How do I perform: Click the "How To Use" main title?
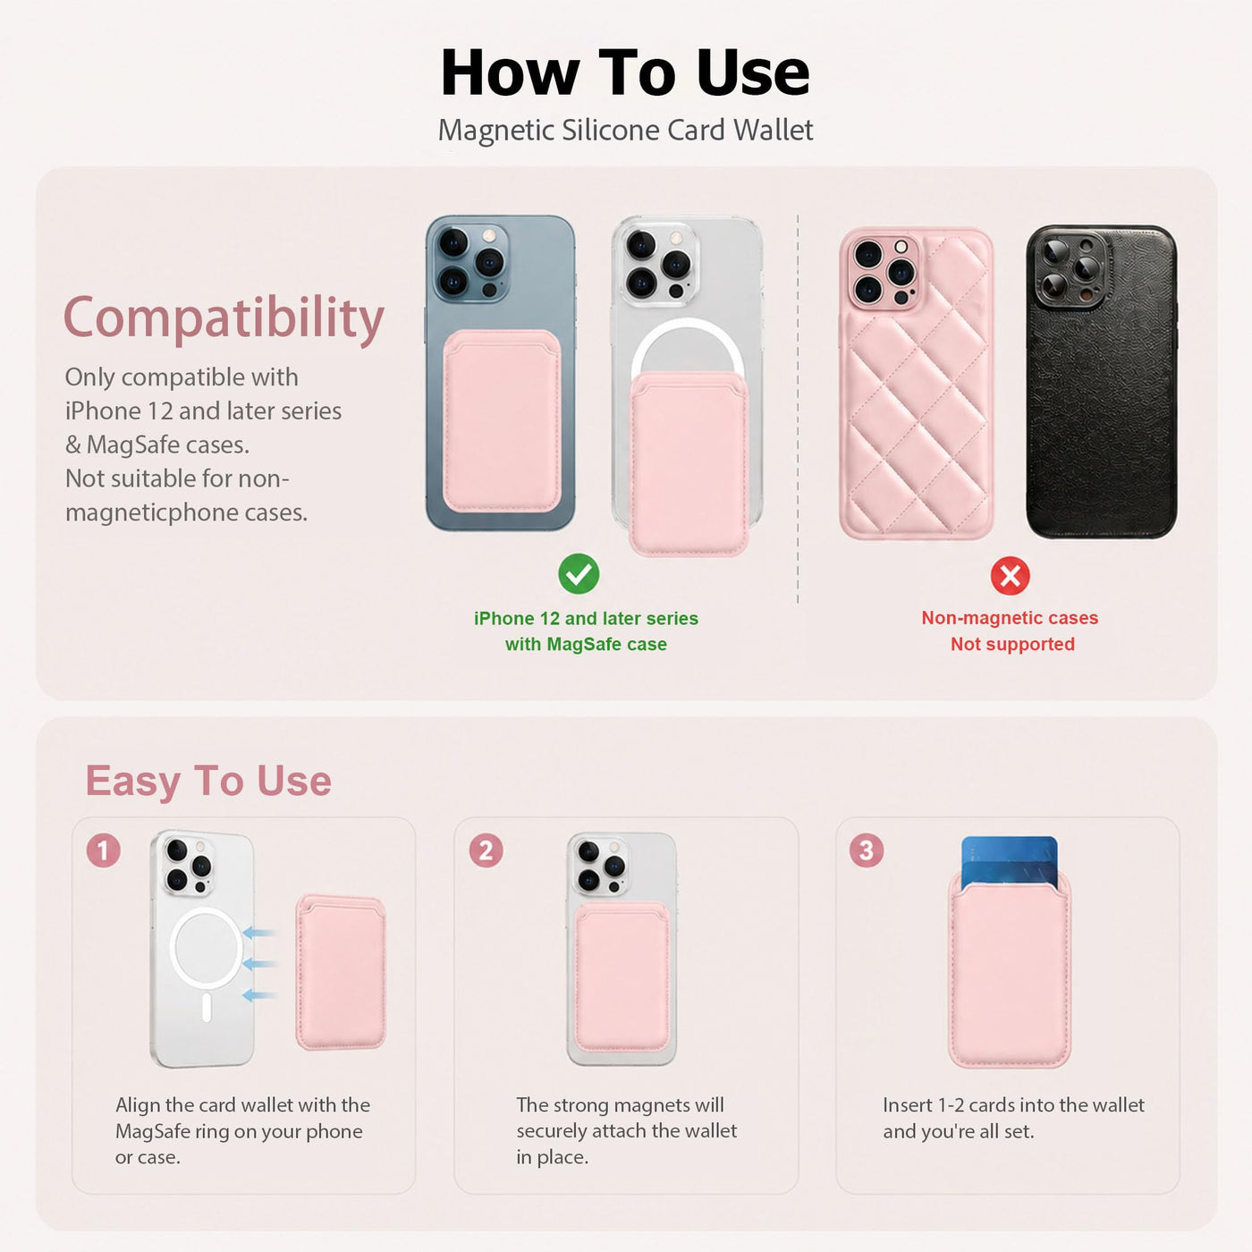pyautogui.click(x=625, y=72)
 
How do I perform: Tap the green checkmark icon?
pyautogui.click(x=579, y=574)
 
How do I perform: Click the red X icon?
pyautogui.click(x=1010, y=576)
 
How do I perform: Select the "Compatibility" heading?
pyautogui.click(x=224, y=318)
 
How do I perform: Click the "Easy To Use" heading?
pyautogui.click(x=208, y=780)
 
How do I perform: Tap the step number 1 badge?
pyautogui.click(x=104, y=850)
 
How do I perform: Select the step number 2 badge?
pyautogui.click(x=486, y=850)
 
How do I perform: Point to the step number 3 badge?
pyautogui.click(x=866, y=850)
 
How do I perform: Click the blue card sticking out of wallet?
pyautogui.click(x=1009, y=859)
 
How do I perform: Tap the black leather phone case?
pyautogui.click(x=1101, y=382)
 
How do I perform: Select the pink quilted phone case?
pyautogui.click(x=916, y=384)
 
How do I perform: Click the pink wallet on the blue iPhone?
pyautogui.click(x=502, y=421)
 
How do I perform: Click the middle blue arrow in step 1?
pyautogui.click(x=259, y=964)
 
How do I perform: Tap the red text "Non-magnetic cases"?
pyautogui.click(x=1010, y=618)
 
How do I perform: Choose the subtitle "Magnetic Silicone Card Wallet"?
pyautogui.click(x=625, y=131)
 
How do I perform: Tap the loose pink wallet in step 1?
pyautogui.click(x=341, y=972)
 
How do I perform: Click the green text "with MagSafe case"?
pyautogui.click(x=586, y=644)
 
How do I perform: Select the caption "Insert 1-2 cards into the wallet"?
pyautogui.click(x=1013, y=1104)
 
